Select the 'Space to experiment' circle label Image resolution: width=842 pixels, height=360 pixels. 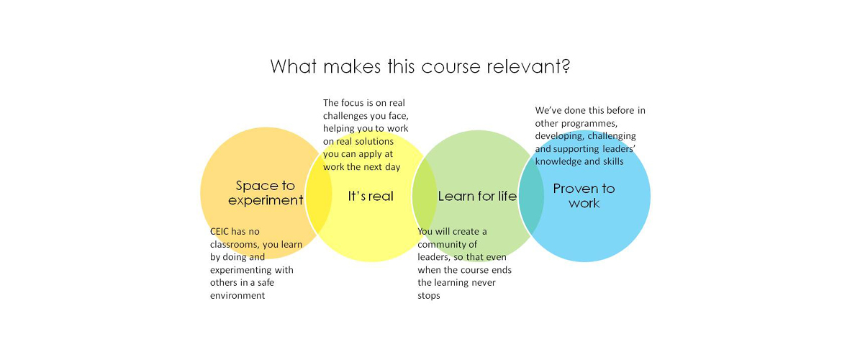pyautogui.click(x=266, y=193)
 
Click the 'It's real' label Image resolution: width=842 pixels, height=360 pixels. pyautogui.click(x=371, y=196)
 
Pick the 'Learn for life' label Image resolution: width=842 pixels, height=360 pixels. pyautogui.click(x=477, y=196)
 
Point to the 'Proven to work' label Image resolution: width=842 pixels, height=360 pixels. pyautogui.click(x=584, y=195)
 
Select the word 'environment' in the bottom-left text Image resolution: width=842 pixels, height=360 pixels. pyautogui.click(x=238, y=295)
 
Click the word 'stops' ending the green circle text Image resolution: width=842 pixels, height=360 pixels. pyautogui.click(x=429, y=295)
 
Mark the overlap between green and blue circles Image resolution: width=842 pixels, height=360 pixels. pyautogui.click(x=531, y=196)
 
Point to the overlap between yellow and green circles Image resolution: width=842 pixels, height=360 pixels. pyautogui.click(x=425, y=197)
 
